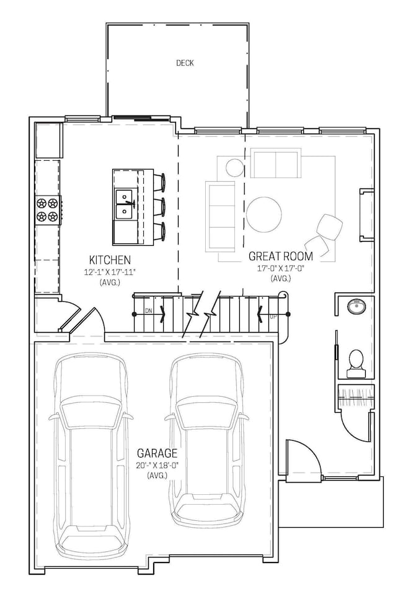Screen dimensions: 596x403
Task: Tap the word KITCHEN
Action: pos(110,260)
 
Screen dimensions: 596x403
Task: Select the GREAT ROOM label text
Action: pos(280,256)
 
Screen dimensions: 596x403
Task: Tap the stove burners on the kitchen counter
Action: pos(48,209)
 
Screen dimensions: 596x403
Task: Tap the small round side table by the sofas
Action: pos(234,168)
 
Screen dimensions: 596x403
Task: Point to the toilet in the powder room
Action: pos(356,364)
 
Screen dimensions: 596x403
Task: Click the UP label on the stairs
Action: pos(273,317)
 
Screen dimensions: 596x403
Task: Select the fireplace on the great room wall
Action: pos(366,215)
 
